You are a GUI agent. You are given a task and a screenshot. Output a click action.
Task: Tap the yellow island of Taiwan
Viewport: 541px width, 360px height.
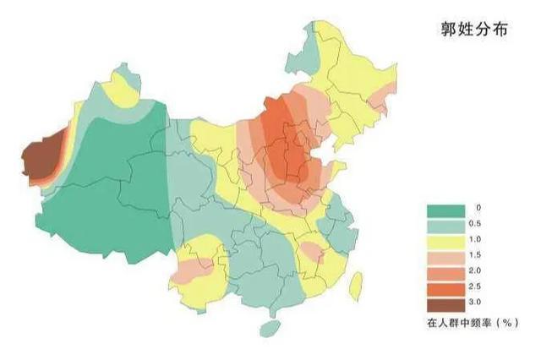coord(356,284)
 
